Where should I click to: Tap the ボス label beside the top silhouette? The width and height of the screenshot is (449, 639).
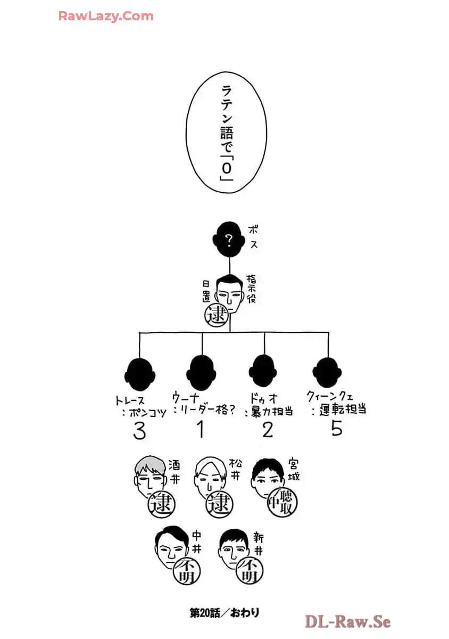[253, 238]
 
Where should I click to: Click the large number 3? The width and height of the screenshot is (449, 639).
[139, 431]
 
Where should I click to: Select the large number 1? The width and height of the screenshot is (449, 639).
[200, 429]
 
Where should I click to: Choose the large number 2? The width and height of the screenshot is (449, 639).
[267, 429]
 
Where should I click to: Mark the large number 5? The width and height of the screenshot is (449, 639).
[336, 428]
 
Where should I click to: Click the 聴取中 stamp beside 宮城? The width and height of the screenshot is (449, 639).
[281, 502]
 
